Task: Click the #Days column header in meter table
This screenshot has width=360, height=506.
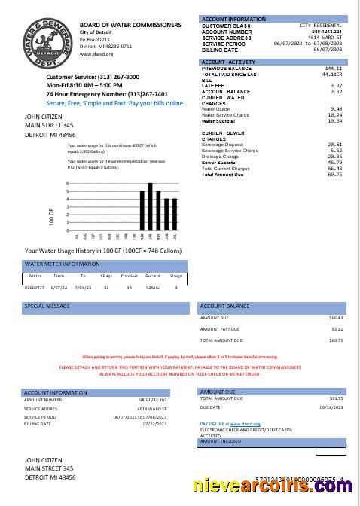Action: pos(106,276)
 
